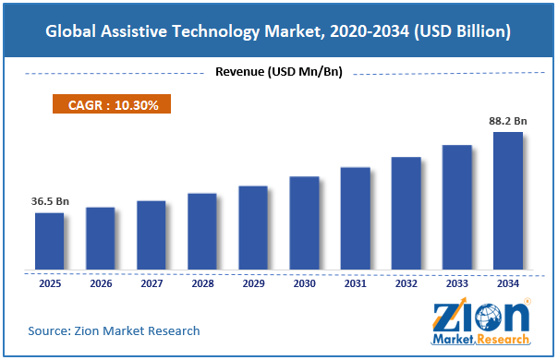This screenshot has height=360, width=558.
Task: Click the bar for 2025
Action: [50, 241]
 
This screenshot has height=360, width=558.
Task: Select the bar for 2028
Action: [202, 232]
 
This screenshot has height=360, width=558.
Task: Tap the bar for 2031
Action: [355, 219]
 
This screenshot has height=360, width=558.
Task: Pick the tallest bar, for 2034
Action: [508, 201]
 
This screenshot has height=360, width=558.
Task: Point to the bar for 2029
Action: [253, 228]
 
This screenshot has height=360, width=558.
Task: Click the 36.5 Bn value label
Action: [50, 201]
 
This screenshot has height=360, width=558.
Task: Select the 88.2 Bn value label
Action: [508, 121]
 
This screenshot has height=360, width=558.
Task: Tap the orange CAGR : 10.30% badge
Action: [112, 104]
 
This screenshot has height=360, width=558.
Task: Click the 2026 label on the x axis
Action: [101, 283]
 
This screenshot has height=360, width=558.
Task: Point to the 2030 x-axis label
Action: [304, 283]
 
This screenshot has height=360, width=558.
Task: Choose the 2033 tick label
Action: [457, 283]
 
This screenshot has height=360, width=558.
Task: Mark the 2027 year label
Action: [152, 283]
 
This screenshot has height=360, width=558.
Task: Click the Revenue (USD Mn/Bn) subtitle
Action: [279, 71]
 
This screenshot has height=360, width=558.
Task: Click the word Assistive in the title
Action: [134, 31]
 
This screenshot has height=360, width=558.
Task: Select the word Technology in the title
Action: [216, 32]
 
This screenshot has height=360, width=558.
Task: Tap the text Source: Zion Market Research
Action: [114, 330]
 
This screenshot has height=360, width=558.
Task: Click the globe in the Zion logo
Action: [488, 318]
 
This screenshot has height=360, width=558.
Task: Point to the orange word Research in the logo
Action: [503, 340]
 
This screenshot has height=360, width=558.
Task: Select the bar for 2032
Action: [406, 213]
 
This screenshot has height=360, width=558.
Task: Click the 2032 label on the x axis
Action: [406, 283]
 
